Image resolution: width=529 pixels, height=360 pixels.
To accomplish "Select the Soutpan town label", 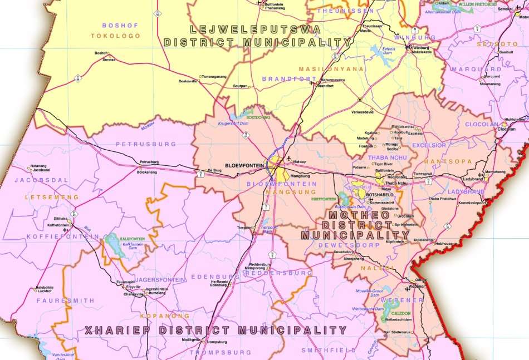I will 240,86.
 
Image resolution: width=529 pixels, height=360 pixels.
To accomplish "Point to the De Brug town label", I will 214,170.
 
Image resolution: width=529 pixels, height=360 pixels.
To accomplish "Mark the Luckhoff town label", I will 44,291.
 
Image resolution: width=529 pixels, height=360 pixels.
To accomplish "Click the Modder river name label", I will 148,127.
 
